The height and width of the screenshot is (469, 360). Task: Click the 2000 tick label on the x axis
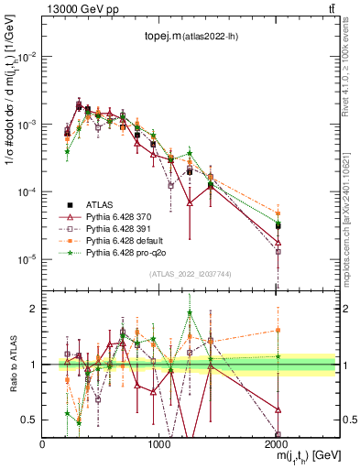click(x=278, y=444)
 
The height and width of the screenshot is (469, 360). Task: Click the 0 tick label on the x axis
click(x=43, y=444)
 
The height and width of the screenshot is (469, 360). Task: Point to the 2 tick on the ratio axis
click(x=35, y=309)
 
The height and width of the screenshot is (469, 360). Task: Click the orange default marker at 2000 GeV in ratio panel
click(x=278, y=330)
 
